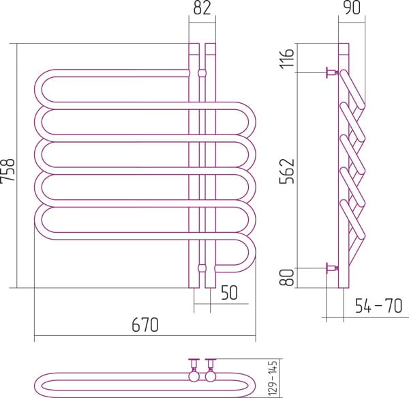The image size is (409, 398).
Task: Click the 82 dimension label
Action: (202, 8)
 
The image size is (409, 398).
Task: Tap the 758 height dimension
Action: (7, 170)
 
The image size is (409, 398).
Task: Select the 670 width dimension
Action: (145, 325)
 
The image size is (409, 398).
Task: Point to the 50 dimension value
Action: (229, 292)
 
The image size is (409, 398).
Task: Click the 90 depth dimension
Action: (352, 8)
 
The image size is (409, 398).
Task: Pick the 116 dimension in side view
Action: (286, 59)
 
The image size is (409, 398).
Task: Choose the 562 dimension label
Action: (286, 171)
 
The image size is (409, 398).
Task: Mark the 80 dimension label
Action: (286, 277)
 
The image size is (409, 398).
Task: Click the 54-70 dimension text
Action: (378, 306)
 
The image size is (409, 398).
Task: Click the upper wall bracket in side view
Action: (332, 72)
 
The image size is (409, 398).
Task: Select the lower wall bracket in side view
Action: (332, 268)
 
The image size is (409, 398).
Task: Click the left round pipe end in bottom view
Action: (194, 376)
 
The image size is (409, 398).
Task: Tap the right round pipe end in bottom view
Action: (211, 376)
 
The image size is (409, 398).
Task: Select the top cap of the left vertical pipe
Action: (194, 49)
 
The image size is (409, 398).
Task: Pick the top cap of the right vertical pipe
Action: (211, 49)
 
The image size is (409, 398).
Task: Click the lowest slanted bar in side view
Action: (352, 219)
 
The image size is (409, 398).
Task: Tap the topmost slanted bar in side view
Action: (352, 89)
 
